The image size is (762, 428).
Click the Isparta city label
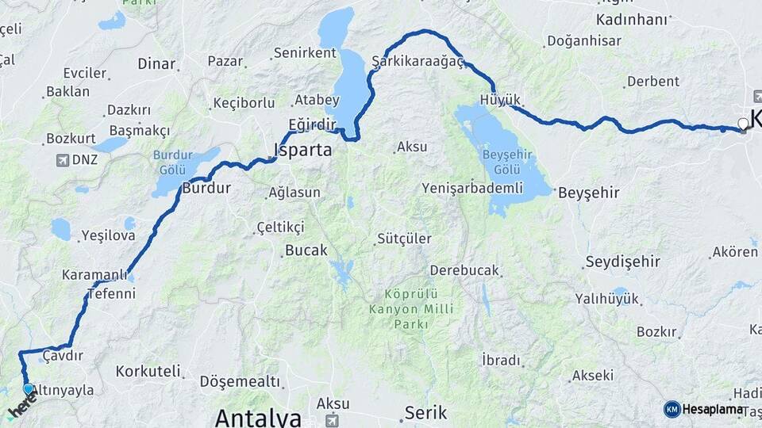tap(302, 149)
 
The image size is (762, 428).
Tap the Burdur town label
tap(206, 189)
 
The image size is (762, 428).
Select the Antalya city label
tap(258, 417)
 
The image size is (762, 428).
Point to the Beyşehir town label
tap(588, 193)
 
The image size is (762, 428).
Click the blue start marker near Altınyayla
tap(29, 389)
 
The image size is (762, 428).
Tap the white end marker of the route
tap(743, 124)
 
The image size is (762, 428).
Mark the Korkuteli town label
tap(148, 371)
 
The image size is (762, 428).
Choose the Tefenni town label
tap(111, 293)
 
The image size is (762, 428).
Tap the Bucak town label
tap(306, 250)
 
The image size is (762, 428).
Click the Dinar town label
tap(156, 63)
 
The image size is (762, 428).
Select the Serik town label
tap(425, 412)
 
